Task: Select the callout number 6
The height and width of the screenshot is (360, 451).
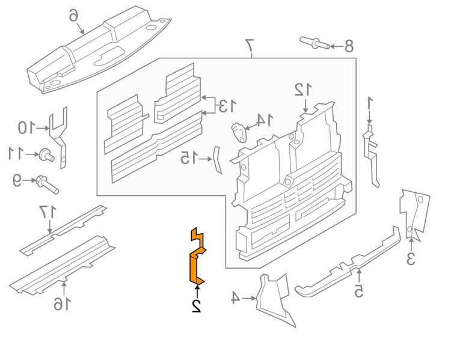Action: coord(73,14)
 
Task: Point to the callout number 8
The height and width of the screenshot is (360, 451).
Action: coord(348,46)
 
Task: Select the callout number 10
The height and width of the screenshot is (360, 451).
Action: coord(25,127)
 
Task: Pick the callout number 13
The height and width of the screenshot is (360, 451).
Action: coord(226,107)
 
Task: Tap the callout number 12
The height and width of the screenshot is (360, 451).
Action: coord(302,90)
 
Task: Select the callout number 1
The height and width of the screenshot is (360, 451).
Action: coord(371,104)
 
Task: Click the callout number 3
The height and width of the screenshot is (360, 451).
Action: coord(411,260)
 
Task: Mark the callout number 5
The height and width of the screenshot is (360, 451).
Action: coord(358,291)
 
